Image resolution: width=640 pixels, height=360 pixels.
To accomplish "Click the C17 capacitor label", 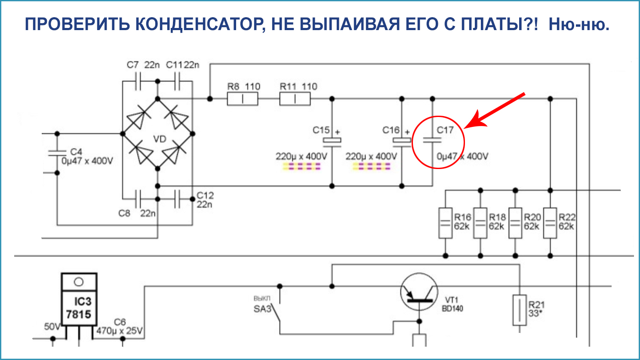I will click(445, 130).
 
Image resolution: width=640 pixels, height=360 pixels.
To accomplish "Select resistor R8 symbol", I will click(242, 99).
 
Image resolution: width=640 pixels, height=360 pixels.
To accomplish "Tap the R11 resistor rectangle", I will click(295, 99).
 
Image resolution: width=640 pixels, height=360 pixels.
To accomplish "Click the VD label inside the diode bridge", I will click(160, 139).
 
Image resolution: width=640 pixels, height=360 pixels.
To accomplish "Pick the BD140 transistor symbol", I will click(419, 293).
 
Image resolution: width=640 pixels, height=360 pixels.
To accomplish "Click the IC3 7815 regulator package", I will click(79, 300).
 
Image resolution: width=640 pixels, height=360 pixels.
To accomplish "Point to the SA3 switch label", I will click(262, 309).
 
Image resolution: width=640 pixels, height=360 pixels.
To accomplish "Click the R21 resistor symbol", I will click(520, 310).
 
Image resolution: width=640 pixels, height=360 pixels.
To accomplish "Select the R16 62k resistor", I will click(445, 223).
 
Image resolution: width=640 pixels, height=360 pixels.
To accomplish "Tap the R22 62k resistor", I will click(550, 223).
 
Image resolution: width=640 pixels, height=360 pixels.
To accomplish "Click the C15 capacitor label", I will click(321, 130).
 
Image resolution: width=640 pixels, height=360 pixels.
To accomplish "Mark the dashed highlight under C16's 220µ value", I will click(371, 166).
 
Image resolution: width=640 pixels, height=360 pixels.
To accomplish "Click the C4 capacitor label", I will click(76, 152).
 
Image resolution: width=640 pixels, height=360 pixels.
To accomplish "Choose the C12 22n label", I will click(205, 200).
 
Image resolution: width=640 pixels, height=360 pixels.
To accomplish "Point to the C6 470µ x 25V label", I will click(120, 327).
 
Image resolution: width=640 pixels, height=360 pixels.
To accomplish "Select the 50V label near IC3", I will click(52, 327).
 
